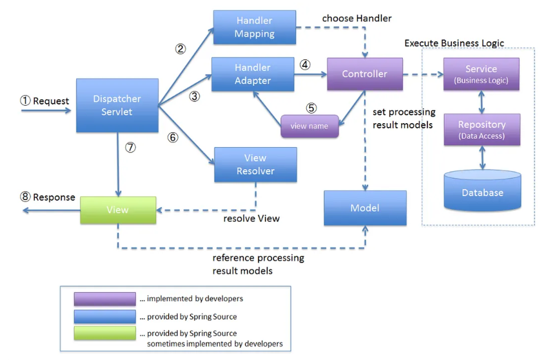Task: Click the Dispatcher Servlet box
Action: (117, 106)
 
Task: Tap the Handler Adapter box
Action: (253, 74)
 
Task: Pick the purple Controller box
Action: (365, 74)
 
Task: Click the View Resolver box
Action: (255, 165)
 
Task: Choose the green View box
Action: (118, 210)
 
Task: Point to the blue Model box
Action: (365, 208)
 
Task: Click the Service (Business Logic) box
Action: (481, 74)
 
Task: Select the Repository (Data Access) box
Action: (481, 128)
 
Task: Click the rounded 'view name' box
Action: (309, 126)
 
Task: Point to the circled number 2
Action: (181, 48)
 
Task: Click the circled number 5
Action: (312, 107)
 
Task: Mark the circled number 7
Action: (131, 147)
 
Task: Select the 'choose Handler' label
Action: (357, 18)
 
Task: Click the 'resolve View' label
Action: (251, 218)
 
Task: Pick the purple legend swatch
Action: (103, 299)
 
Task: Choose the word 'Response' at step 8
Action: (54, 197)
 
